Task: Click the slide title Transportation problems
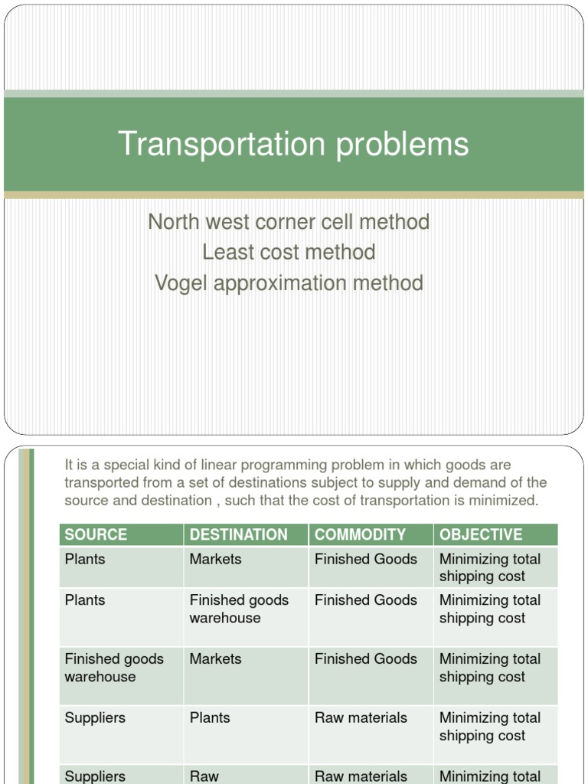pyautogui.click(x=293, y=145)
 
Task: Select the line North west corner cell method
pyautogui.click(x=289, y=222)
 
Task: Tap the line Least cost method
pyautogui.click(x=289, y=252)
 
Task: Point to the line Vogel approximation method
pyautogui.click(x=289, y=283)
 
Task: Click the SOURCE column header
pyautogui.click(x=96, y=534)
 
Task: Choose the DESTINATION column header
pyautogui.click(x=238, y=534)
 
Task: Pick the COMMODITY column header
pyautogui.click(x=360, y=534)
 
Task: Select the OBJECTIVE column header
pyautogui.click(x=481, y=534)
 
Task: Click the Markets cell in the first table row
pyautogui.click(x=215, y=560)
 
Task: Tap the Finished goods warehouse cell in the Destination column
pyautogui.click(x=239, y=609)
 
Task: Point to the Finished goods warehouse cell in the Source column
pyautogui.click(x=114, y=668)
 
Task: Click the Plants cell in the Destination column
pyautogui.click(x=210, y=718)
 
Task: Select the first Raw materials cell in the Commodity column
pyautogui.click(x=361, y=718)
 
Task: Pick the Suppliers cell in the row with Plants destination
pyautogui.click(x=95, y=718)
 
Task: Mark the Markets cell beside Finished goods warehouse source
pyautogui.click(x=215, y=659)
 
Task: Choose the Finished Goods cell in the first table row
pyautogui.click(x=365, y=560)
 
